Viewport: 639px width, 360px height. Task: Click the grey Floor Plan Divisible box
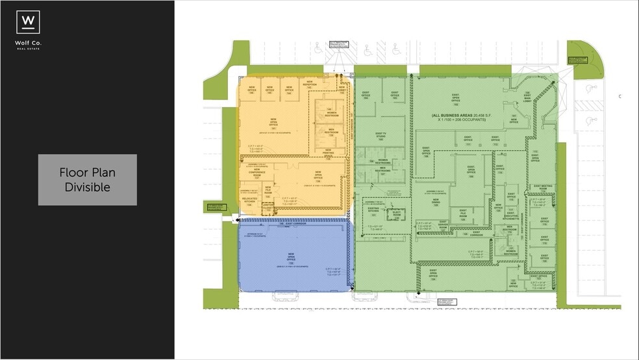(x=87, y=180)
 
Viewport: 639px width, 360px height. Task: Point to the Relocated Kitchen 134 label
(x=250, y=202)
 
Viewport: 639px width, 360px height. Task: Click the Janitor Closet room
(x=268, y=209)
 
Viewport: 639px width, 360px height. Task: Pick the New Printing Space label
(x=332, y=155)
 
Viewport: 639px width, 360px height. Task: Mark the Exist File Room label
(x=464, y=215)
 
